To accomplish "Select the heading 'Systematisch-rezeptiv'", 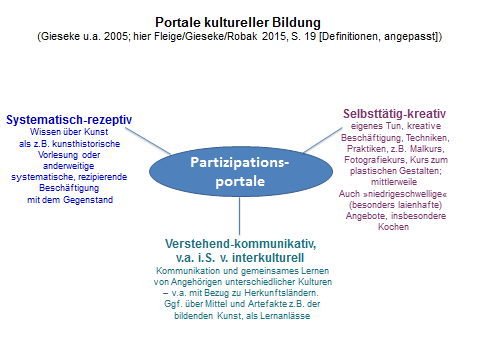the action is click(x=69, y=119).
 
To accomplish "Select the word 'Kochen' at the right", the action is click(x=395, y=228).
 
